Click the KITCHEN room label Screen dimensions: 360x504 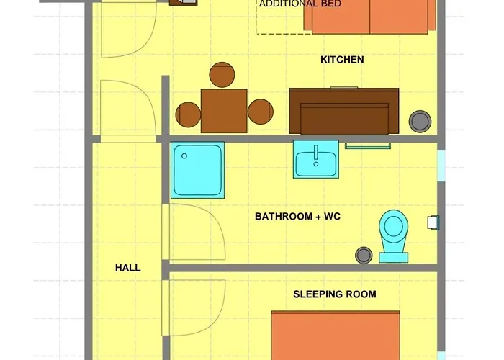pyautogui.click(x=342, y=60)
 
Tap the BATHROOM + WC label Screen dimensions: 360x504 pyautogui.click(x=294, y=216)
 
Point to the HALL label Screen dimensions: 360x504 pyautogui.click(x=127, y=268)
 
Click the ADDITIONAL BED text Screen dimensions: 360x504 pyautogui.click(x=300, y=4)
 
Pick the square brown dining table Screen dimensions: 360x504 pyautogui.click(x=224, y=111)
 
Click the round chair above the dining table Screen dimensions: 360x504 pyautogui.click(x=222, y=76)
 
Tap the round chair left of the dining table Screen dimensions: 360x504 pyautogui.click(x=189, y=113)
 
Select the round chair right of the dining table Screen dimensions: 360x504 pyautogui.click(x=259, y=112)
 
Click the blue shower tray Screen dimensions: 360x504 pyautogui.click(x=197, y=170)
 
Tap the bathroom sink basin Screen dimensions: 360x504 pyautogui.click(x=315, y=159)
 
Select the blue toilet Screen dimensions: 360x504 pyautogui.click(x=393, y=234)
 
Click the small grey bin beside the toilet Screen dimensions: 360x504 pyautogui.click(x=364, y=254)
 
